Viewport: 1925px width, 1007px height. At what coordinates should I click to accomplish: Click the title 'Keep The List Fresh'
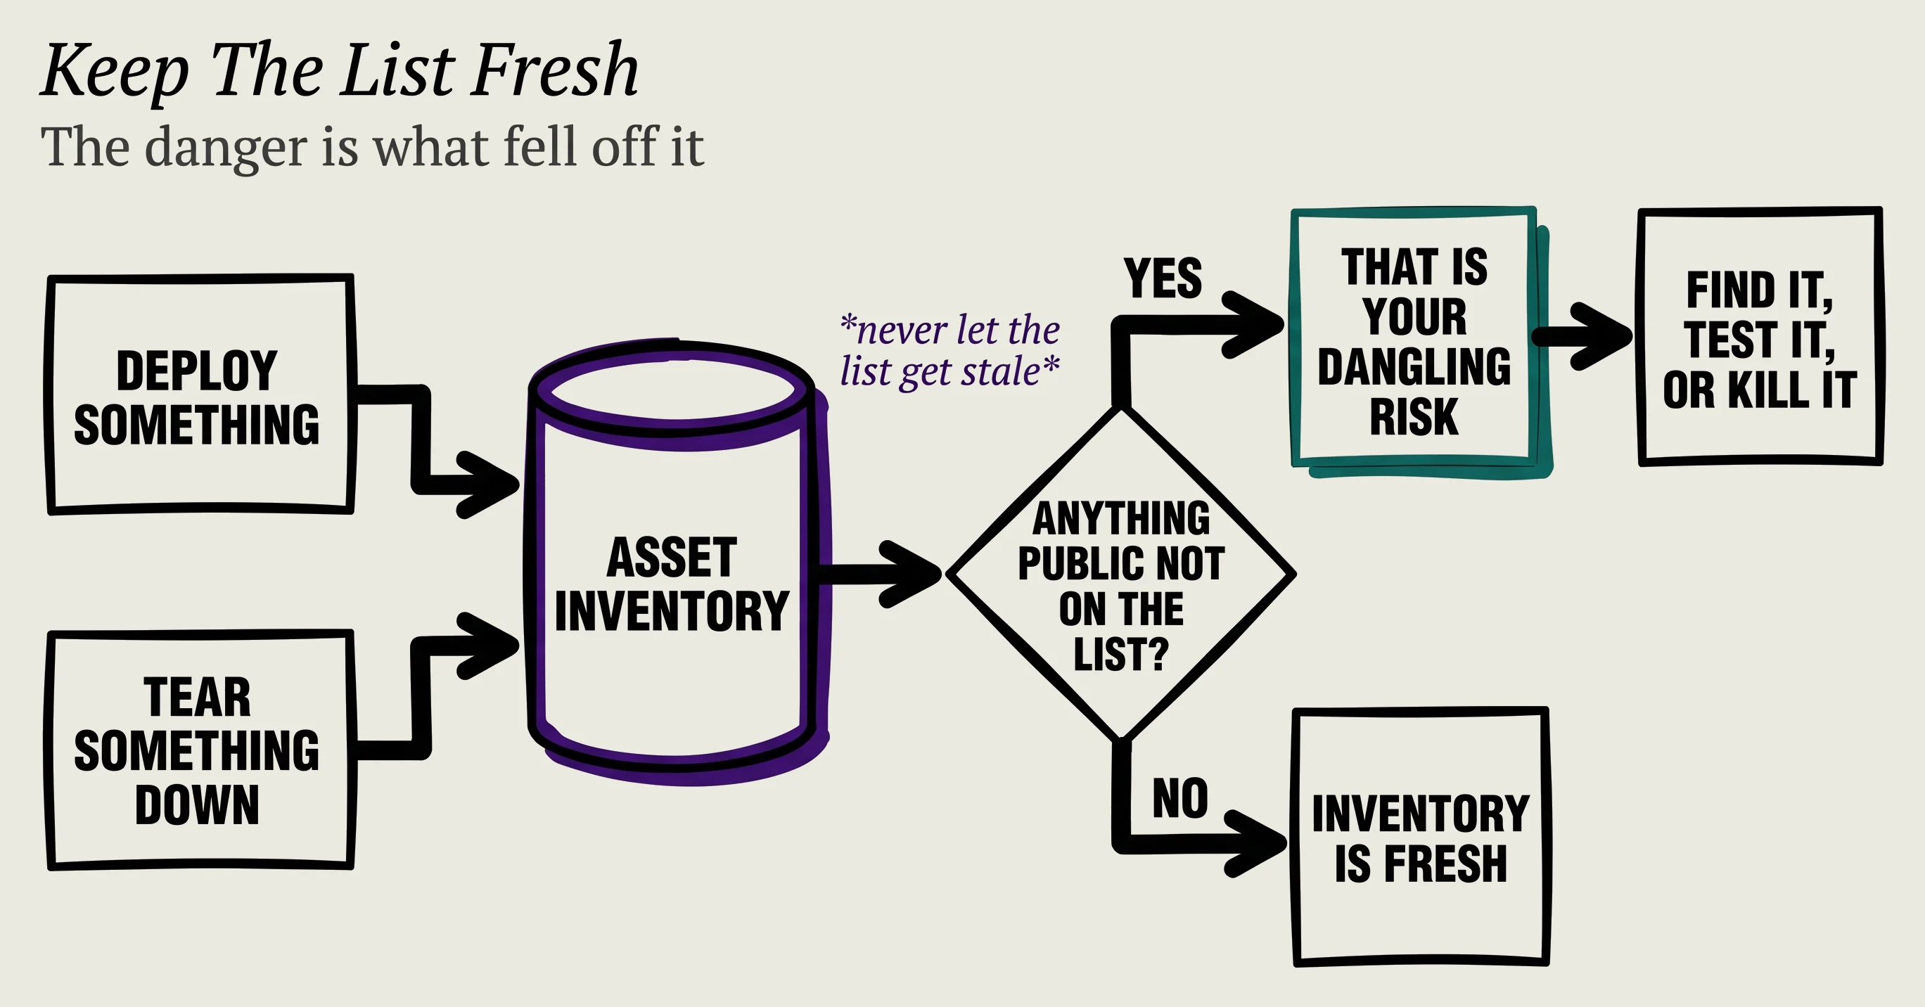[x=340, y=72]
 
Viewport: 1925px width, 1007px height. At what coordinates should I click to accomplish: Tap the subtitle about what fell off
[x=372, y=147]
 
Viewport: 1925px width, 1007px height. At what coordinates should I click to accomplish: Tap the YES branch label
[x=1163, y=278]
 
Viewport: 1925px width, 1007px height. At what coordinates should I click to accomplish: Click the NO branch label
[x=1180, y=798]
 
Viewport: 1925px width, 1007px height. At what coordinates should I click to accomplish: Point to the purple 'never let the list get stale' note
[x=949, y=350]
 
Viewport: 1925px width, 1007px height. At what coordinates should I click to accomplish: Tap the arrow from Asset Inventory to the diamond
[x=881, y=574]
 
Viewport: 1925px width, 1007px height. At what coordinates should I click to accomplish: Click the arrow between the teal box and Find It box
[x=1582, y=336]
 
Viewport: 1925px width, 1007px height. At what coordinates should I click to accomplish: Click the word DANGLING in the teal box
[x=1414, y=367]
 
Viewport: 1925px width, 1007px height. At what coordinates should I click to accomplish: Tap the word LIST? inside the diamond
[x=1121, y=655]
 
